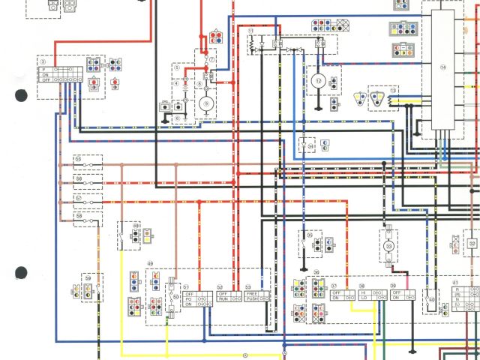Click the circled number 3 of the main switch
click(x=43, y=61)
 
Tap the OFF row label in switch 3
click(x=46, y=79)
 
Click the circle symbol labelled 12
click(x=317, y=79)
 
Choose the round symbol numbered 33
click(x=389, y=246)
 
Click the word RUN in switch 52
click(x=223, y=298)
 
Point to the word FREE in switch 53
click(x=251, y=292)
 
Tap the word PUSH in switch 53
click(x=251, y=298)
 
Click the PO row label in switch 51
click(x=188, y=298)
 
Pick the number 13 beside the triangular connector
click(x=392, y=90)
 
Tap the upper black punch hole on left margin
click(x=21, y=95)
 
